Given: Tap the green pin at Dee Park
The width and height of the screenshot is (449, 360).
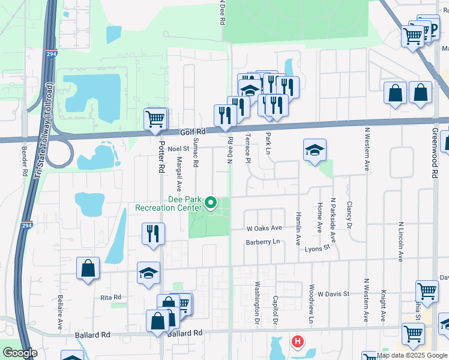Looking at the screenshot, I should click(211, 203).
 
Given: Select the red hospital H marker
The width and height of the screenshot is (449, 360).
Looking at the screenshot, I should click(297, 343).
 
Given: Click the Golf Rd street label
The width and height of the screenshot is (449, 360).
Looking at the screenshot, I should click(193, 132).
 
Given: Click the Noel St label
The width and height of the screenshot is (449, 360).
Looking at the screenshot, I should click(178, 148).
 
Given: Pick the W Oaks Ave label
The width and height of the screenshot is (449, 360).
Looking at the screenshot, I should click(264, 229).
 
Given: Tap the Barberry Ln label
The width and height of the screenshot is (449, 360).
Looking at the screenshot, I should click(263, 242).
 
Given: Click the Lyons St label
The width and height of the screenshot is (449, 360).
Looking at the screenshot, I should click(318, 248).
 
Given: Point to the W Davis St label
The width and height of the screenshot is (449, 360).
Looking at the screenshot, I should click(334, 294).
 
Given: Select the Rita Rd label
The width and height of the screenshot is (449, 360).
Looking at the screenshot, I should click(111, 297).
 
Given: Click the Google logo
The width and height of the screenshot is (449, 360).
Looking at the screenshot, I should click(20, 353).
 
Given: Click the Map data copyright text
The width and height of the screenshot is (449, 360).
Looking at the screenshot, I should click(412, 355).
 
